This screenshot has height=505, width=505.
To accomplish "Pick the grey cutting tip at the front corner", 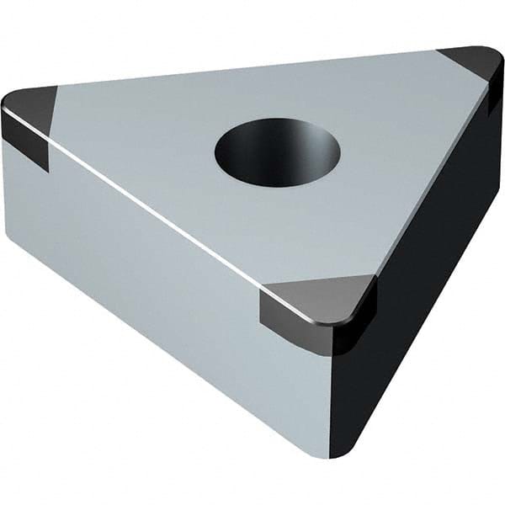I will [316, 299].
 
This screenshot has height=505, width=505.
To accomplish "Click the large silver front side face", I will [168, 278].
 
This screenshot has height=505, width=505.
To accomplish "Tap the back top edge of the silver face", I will [252, 67].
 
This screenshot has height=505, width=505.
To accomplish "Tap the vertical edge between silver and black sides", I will [332, 387].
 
